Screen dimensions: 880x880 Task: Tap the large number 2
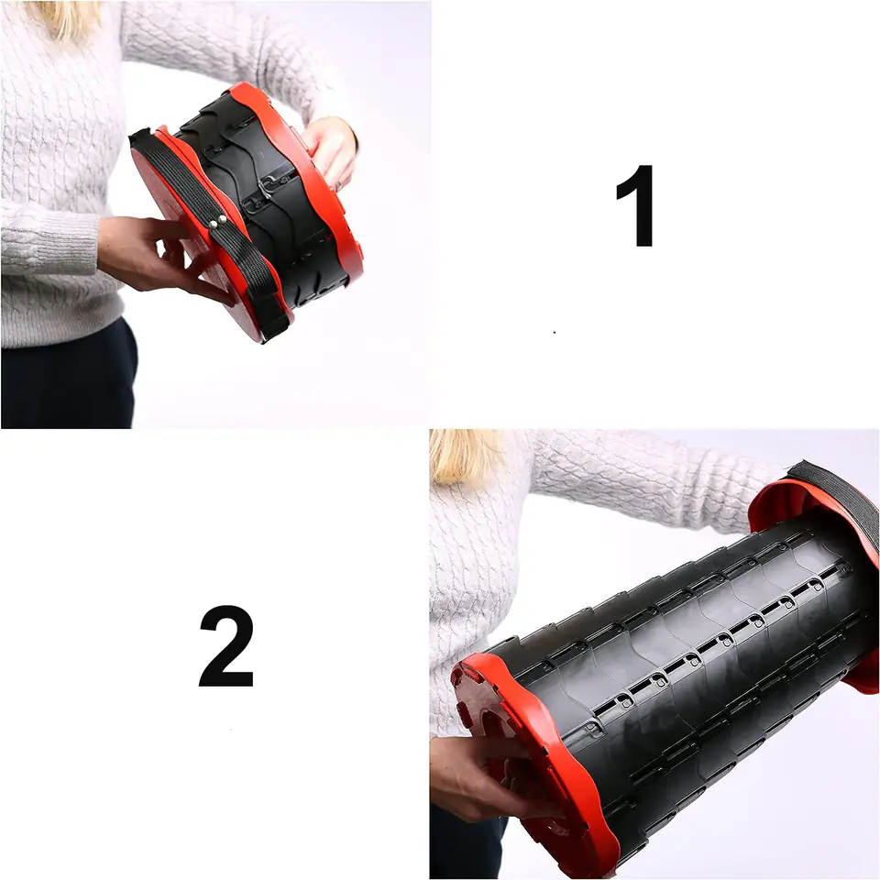coord(226,646)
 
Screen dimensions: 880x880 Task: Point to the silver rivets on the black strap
coord(217,222)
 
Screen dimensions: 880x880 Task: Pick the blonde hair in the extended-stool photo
coord(466,455)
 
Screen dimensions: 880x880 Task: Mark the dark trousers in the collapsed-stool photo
coord(67,376)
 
